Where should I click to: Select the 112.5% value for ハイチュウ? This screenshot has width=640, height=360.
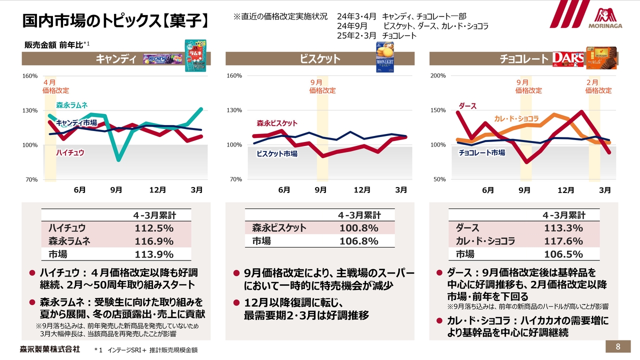[154, 228]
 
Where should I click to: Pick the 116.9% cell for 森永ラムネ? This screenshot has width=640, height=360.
[154, 241]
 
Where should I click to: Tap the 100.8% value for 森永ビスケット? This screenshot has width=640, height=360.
[358, 228]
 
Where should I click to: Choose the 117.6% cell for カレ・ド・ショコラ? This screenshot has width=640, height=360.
[563, 241]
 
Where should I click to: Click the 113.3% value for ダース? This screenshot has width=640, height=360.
[563, 228]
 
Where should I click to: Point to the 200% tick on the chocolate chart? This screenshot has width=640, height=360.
[438, 76]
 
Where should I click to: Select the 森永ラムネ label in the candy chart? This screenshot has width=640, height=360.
[71, 105]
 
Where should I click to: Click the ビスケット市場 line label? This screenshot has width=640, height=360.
[276, 154]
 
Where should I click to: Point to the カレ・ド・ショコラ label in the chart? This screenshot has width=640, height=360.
[516, 118]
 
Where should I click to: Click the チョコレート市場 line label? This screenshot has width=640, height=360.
[481, 152]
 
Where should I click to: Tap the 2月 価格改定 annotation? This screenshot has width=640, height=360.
[598, 86]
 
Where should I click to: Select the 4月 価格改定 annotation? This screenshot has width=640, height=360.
[55, 86]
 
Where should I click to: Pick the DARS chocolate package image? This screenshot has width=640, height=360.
[568, 59]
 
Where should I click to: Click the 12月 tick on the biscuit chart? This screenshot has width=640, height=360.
[362, 190]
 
